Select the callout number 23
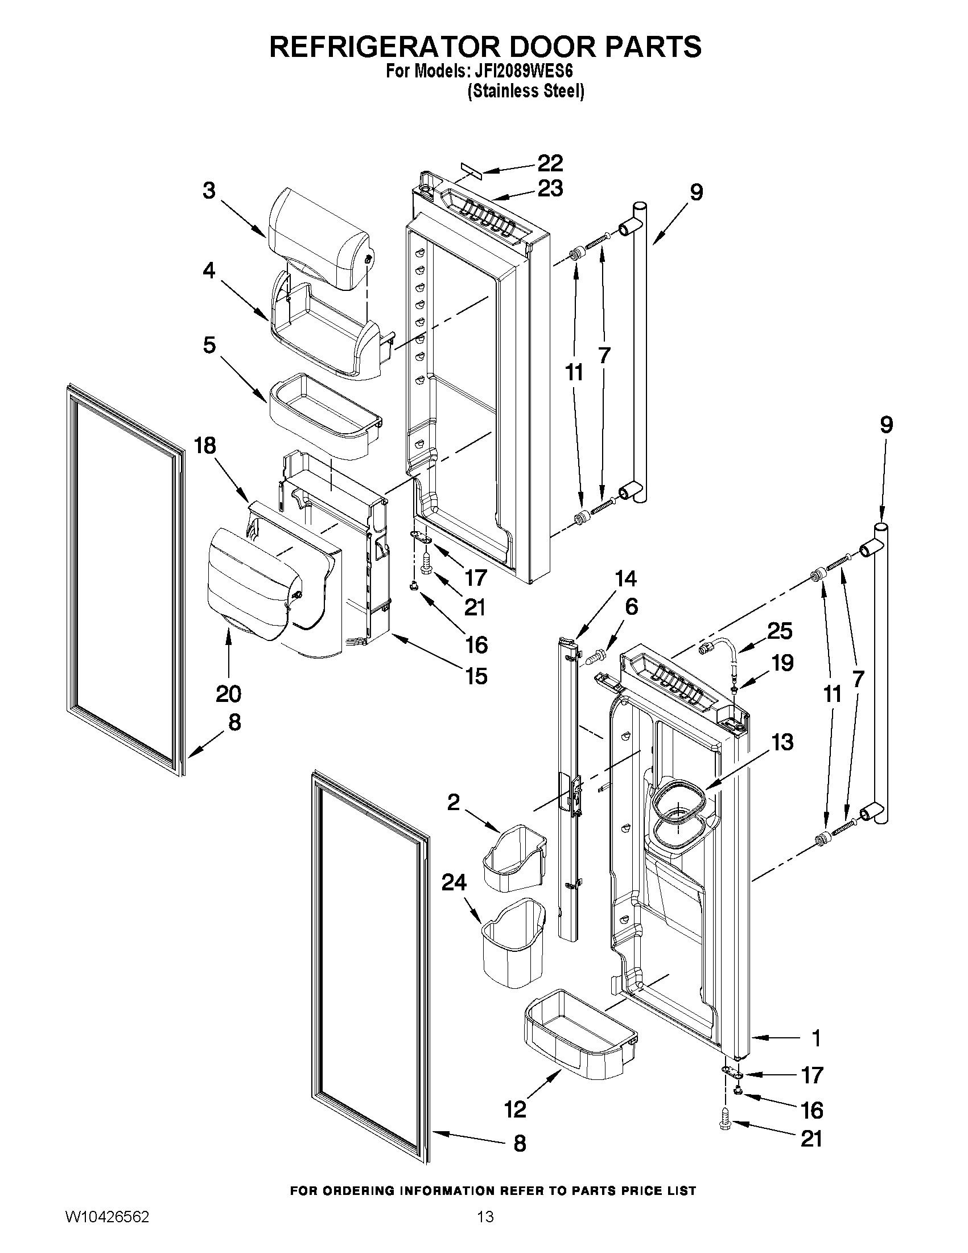coord(550,188)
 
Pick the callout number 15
coord(476,676)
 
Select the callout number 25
coord(780,631)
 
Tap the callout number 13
coord(782,742)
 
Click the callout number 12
coord(515,1109)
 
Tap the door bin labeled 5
coord(324,416)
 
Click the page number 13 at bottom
coord(485,1229)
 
